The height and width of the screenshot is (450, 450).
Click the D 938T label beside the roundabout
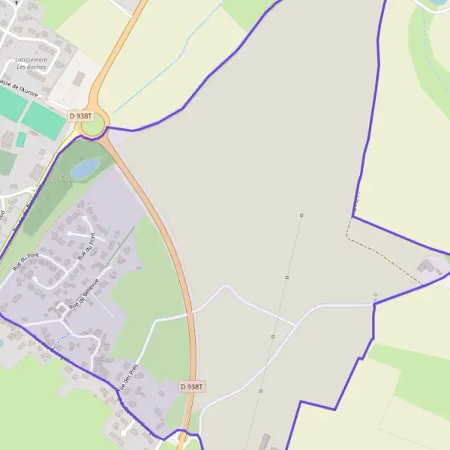pyautogui.click(x=79, y=116)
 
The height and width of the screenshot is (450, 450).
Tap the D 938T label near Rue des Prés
pyautogui.click(x=192, y=386)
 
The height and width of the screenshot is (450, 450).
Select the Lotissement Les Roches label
pyautogui.click(x=31, y=63)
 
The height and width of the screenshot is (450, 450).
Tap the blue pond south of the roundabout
pyautogui.click(x=85, y=168)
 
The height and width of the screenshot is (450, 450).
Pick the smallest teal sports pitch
pyautogui.click(x=21, y=139)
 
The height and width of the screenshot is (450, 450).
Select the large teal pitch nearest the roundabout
pyautogui.click(x=43, y=120)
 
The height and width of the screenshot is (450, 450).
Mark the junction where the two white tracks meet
pyautogui.click(x=295, y=325)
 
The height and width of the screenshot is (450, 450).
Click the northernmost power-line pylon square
pyautogui.click(x=301, y=215)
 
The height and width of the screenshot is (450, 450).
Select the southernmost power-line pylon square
pyautogui.click(x=260, y=391)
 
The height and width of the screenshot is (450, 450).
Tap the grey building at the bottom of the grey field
pyautogui.click(x=264, y=441)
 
